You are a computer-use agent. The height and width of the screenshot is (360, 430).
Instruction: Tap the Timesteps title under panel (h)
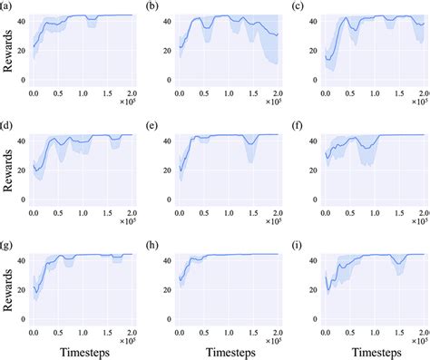point(229,345)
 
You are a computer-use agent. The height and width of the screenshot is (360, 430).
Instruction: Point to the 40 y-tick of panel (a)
point(22,20)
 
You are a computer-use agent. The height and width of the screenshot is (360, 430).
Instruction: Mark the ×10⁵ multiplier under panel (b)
point(269,102)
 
